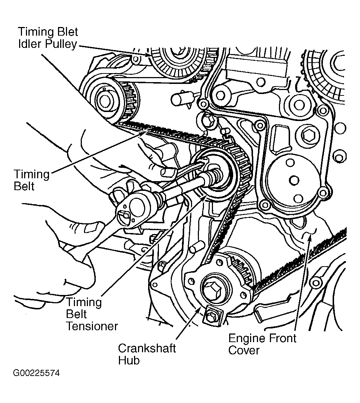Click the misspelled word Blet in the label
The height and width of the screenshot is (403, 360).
66,32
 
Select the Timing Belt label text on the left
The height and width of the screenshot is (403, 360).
31,180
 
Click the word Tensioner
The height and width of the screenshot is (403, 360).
92,326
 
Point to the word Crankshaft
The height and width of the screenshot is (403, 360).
147,349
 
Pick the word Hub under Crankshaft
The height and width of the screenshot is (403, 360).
129,361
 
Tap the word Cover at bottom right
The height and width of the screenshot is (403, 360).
244,350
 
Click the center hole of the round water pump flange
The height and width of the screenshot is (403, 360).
294,179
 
